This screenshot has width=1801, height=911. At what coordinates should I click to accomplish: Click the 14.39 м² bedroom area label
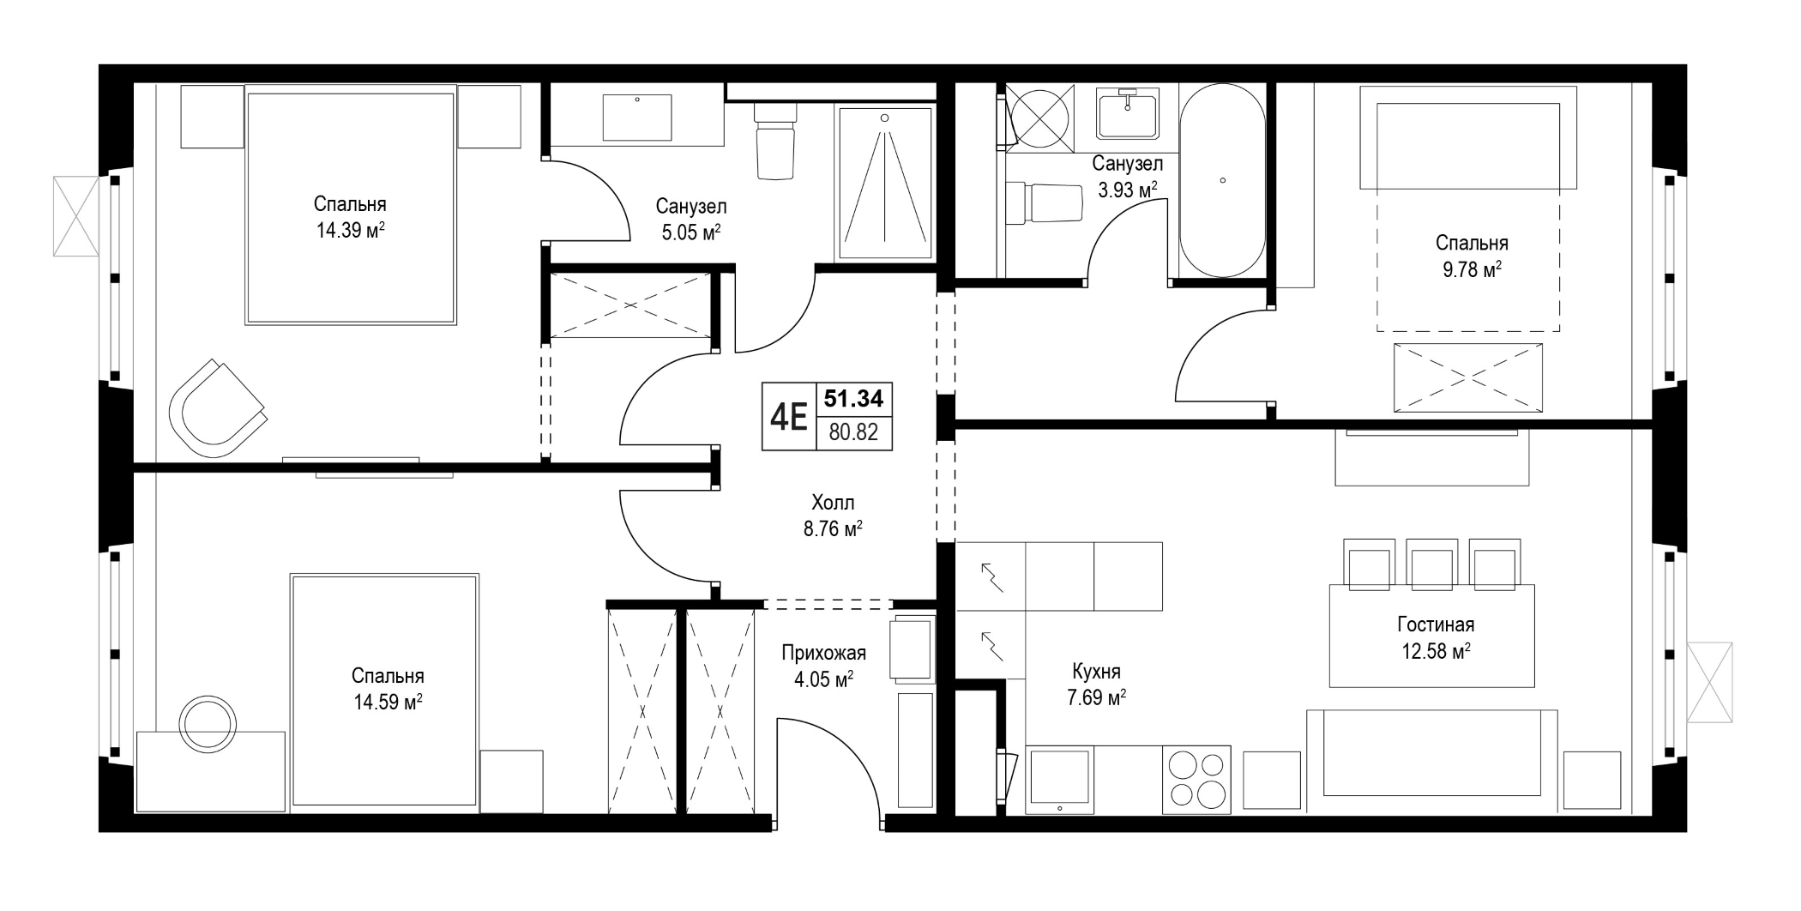point(350,230)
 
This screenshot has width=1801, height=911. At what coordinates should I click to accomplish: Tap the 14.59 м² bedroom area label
point(388,703)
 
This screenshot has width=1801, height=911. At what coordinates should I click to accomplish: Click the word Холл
point(833,503)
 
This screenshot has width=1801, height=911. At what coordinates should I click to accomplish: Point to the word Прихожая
point(823,654)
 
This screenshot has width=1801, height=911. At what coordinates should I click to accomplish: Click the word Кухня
point(1096,672)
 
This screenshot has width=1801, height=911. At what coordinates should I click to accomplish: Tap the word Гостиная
point(1436,625)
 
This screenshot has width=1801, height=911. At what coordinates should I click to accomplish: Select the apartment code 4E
point(789,417)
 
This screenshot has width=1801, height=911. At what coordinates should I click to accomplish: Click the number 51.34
point(853,398)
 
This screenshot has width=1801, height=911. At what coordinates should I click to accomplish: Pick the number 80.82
point(853,432)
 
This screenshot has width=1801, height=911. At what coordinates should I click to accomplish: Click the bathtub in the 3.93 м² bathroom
point(1221,180)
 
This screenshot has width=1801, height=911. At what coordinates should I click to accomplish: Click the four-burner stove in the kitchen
point(1196,780)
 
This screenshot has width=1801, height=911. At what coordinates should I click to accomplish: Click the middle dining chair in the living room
point(1432,564)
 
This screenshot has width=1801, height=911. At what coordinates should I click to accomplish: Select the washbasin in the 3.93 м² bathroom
point(1128,113)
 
